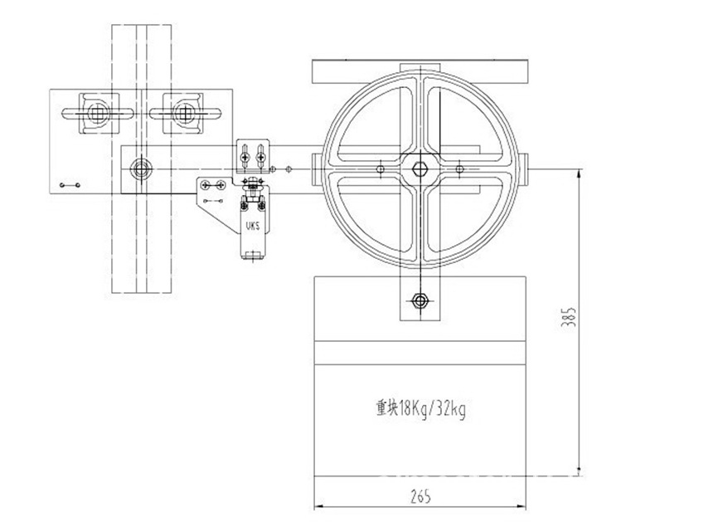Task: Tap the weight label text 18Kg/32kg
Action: pyautogui.click(x=421, y=408)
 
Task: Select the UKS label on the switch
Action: pyautogui.click(x=251, y=224)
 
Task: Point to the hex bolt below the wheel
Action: pyautogui.click(x=420, y=300)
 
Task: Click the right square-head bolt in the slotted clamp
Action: pyautogui.click(x=184, y=111)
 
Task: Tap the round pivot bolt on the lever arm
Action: pyautogui.click(x=138, y=169)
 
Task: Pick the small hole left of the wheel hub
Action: pyautogui.click(x=380, y=170)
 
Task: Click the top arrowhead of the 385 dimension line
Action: pyautogui.click(x=578, y=174)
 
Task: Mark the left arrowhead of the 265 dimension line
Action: pyautogui.click(x=319, y=506)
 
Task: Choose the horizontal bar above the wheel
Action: pyautogui.click(x=420, y=71)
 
